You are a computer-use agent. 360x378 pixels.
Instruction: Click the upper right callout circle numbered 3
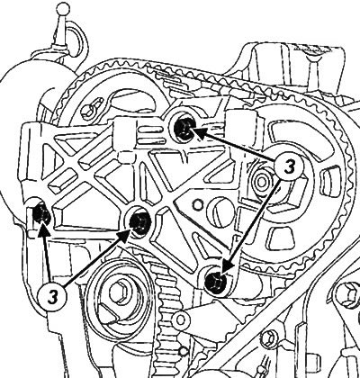click(289, 166)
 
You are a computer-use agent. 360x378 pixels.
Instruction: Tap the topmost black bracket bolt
click(184, 129)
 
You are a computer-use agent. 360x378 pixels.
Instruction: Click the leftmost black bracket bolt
click(41, 212)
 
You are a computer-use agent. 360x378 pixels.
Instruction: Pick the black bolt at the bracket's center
click(139, 222)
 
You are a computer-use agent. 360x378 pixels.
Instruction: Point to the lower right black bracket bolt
click(216, 283)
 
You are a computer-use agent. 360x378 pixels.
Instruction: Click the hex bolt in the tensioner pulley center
click(120, 292)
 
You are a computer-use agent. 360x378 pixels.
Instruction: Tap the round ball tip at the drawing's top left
click(63, 8)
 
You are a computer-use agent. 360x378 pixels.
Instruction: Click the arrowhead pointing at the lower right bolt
click(228, 265)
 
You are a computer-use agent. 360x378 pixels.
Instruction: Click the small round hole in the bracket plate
click(197, 204)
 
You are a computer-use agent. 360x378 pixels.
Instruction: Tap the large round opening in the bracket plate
click(221, 212)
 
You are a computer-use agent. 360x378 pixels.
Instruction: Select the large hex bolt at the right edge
click(348, 294)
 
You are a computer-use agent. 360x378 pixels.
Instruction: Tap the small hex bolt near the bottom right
click(268, 338)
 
